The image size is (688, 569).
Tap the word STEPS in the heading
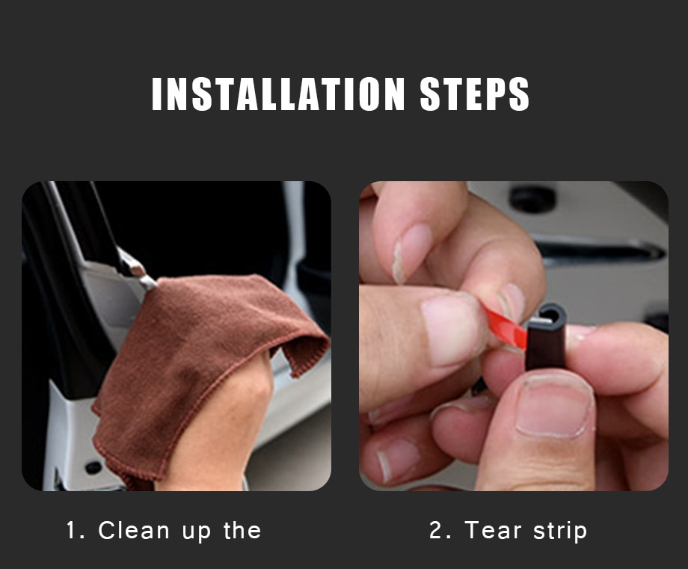coord(475,94)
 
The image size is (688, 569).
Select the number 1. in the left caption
coord(77,531)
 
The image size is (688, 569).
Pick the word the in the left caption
coord(242,531)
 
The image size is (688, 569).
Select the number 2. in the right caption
coord(442,531)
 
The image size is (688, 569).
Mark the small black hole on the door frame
coord(93,467)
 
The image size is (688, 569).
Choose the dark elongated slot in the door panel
coord(598,251)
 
